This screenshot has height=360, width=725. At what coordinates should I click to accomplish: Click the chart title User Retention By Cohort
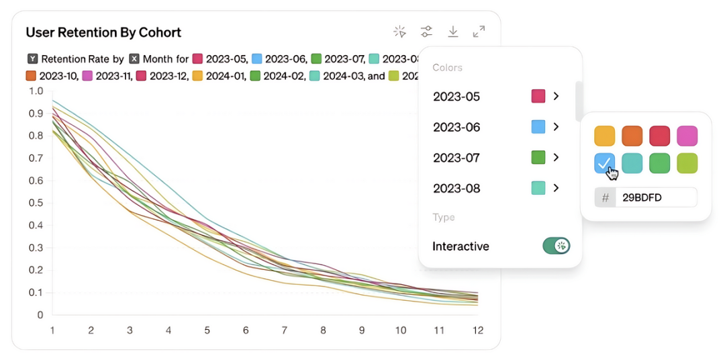pyautogui.click(x=103, y=32)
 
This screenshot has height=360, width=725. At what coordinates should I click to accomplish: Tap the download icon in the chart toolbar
pyautogui.click(x=453, y=32)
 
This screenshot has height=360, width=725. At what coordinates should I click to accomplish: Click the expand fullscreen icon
pyautogui.click(x=479, y=32)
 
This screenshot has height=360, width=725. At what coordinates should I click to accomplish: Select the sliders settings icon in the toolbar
pyautogui.click(x=426, y=32)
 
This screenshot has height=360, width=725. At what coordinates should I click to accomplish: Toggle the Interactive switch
pyautogui.click(x=556, y=246)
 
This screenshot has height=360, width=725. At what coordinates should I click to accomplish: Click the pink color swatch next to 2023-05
pyautogui.click(x=538, y=96)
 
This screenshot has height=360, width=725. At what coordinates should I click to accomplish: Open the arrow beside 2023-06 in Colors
pyautogui.click(x=556, y=127)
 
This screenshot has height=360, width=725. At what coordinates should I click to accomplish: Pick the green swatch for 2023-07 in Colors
pyautogui.click(x=538, y=158)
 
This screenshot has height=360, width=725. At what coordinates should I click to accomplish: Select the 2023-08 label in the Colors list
pyautogui.click(x=456, y=189)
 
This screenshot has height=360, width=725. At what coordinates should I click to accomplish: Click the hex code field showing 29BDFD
pyautogui.click(x=655, y=197)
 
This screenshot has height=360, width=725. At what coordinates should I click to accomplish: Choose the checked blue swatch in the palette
pyautogui.click(x=604, y=163)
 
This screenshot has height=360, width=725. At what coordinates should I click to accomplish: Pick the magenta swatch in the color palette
pyautogui.click(x=687, y=136)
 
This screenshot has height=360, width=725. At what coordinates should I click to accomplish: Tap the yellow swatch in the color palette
pyautogui.click(x=604, y=136)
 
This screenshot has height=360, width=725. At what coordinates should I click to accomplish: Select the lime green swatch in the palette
pyautogui.click(x=687, y=163)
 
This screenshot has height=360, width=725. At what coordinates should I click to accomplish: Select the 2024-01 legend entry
pyautogui.click(x=220, y=76)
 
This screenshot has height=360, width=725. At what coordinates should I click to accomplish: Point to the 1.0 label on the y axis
pyautogui.click(x=36, y=91)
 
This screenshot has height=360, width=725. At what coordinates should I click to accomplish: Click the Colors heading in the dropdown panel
pyautogui.click(x=447, y=68)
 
